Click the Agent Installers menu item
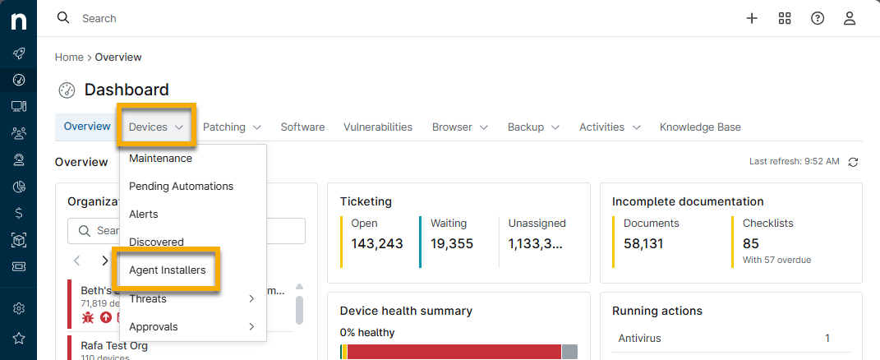(167, 270)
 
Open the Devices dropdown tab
(155, 127)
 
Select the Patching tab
(232, 127)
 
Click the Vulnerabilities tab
(378, 127)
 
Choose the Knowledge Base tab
(700, 127)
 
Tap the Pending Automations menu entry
(181, 187)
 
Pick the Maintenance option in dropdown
(160, 159)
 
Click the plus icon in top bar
(752, 18)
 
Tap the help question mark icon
(818, 18)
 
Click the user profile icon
(850, 18)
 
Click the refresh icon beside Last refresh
(853, 162)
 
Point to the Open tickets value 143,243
(377, 243)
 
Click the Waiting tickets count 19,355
(450, 243)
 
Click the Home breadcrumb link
(69, 58)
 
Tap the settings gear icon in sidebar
(18, 309)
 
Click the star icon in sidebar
(18, 338)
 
